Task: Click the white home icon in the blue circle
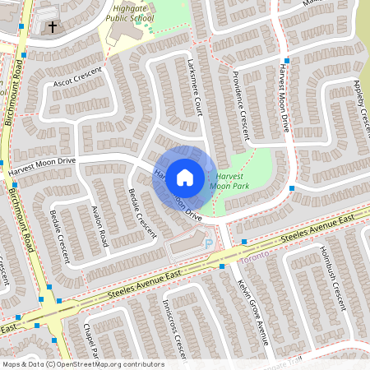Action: pyautogui.click(x=185, y=177)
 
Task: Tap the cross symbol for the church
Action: pyautogui.click(x=53, y=27)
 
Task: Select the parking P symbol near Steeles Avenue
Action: pyautogui.click(x=206, y=243)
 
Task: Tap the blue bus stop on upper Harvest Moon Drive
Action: pyautogui.click(x=287, y=62)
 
